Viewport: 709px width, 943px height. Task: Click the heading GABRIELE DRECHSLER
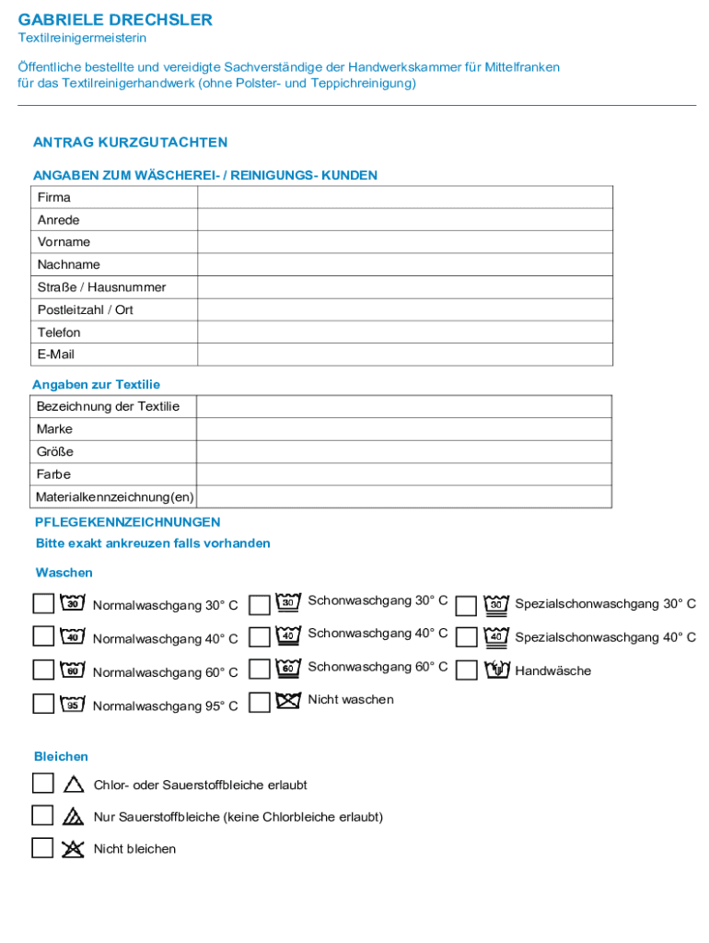[x=115, y=19]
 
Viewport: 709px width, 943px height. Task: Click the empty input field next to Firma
[x=404, y=197]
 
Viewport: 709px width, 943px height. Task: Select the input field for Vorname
[x=404, y=242]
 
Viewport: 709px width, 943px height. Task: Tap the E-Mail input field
[x=404, y=355]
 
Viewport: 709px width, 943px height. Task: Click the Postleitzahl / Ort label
[x=85, y=309]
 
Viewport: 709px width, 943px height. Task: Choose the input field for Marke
[x=403, y=429]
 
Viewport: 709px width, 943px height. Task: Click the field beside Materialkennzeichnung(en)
[x=403, y=497]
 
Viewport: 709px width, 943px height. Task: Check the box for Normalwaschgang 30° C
[x=43, y=603]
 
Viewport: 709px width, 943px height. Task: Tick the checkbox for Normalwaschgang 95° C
[x=43, y=704]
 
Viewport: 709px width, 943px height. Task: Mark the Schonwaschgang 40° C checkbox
[x=260, y=636]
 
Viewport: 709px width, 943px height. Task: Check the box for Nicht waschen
[x=260, y=703]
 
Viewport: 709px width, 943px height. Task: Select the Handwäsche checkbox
[x=467, y=670]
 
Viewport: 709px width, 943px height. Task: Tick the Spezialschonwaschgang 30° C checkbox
[x=467, y=605]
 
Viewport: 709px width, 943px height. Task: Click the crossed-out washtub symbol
[x=288, y=700]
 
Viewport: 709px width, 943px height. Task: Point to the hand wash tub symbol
[x=497, y=669]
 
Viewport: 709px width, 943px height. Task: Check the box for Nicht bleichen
[x=42, y=847]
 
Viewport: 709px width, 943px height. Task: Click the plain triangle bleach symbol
[x=74, y=785]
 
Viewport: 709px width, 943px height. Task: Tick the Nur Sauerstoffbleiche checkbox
[x=42, y=815]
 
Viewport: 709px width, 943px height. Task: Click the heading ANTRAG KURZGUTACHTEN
[x=130, y=143]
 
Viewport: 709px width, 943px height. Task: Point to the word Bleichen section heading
[x=61, y=756]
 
